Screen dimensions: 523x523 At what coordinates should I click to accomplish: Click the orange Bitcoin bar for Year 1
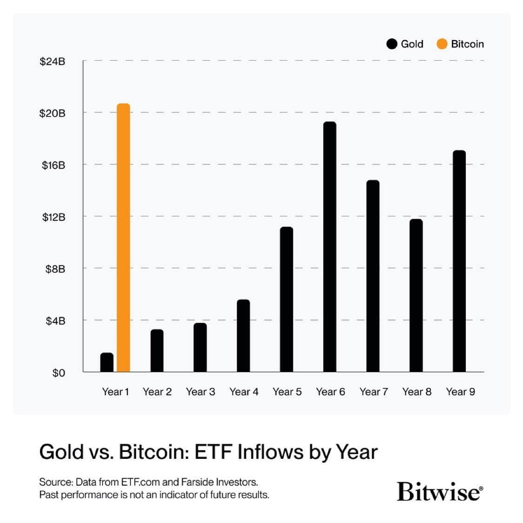(123, 238)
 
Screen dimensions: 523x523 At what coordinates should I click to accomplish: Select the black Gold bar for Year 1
(107, 363)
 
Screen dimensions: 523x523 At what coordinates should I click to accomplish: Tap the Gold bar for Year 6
(330, 247)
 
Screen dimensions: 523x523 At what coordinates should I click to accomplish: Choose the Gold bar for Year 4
(243, 336)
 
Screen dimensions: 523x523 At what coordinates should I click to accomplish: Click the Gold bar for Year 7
(373, 276)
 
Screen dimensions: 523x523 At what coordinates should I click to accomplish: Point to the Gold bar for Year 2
(157, 351)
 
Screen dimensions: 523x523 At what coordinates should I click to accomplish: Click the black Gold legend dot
(392, 44)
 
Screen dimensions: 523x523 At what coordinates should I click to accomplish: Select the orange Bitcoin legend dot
(442, 44)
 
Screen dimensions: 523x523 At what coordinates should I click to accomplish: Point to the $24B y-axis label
(52, 61)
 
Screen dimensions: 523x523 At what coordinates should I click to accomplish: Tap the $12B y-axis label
(53, 217)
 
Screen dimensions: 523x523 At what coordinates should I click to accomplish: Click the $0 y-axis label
(59, 373)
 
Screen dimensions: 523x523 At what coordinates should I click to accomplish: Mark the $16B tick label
(53, 165)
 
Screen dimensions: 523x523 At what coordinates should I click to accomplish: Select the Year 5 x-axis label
(287, 392)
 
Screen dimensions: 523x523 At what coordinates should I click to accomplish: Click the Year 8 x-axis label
(417, 392)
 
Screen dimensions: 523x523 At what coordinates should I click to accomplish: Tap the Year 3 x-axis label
(200, 392)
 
